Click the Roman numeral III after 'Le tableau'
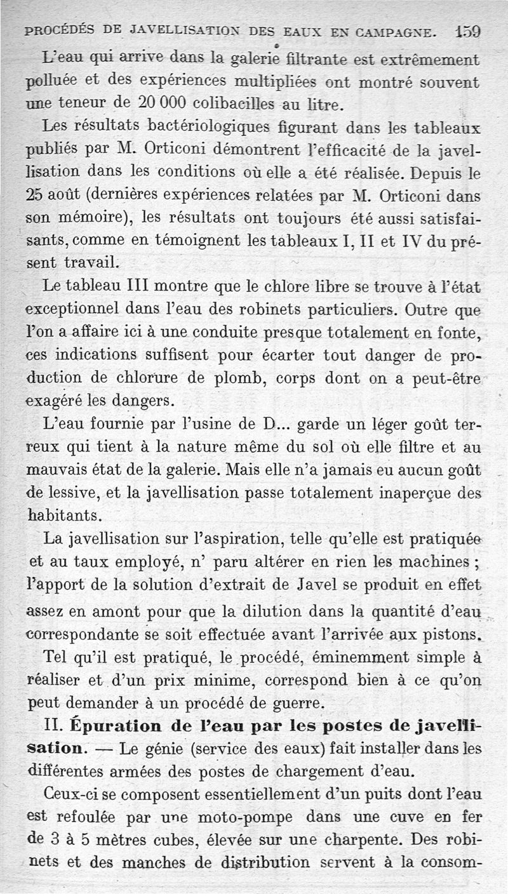pyautogui.click(x=135, y=287)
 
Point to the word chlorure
pyautogui.click(x=156, y=378)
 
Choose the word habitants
pyautogui.click(x=63, y=515)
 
